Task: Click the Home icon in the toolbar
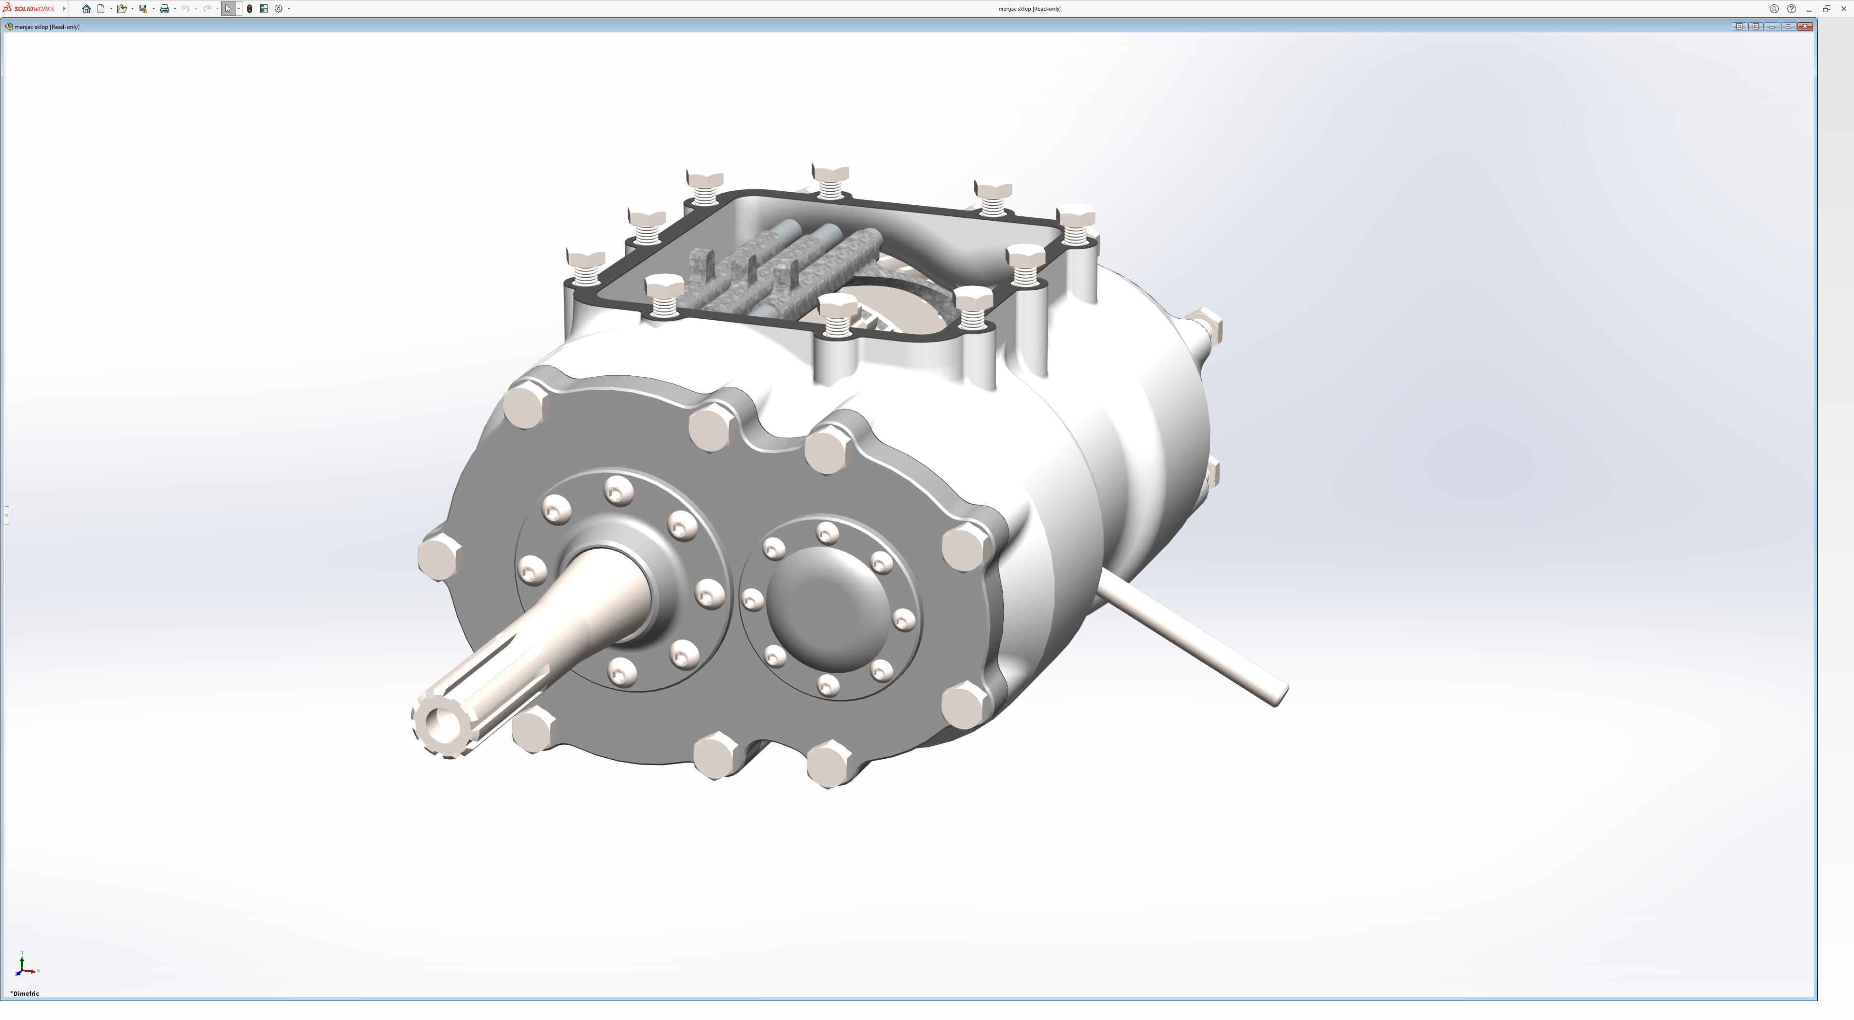pos(86,9)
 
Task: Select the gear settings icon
pos(279,9)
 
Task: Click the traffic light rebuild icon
pos(250,9)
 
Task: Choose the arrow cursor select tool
pos(228,9)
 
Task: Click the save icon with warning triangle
pos(143,9)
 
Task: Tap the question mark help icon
pos(1791,9)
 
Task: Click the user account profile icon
pos(1774,9)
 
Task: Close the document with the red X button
pos(1805,27)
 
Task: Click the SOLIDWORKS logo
pos(29,9)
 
